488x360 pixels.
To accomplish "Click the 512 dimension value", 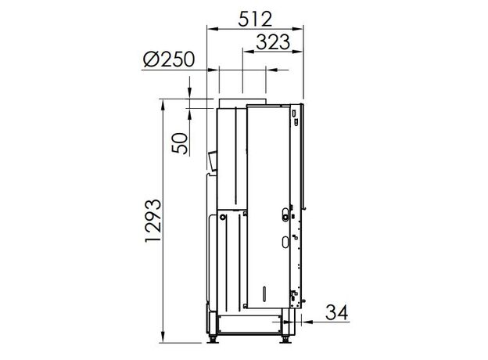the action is pos(255,20).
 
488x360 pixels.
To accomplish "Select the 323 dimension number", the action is pos(273,42).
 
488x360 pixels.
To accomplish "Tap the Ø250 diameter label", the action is pos(169,59).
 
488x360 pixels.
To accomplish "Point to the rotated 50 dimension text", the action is pos(180,143).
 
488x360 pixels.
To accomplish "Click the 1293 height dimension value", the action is pos(153,221).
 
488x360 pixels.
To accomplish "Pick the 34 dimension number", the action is pos(337,312).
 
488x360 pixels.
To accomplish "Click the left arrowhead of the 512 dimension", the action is pos(212,29).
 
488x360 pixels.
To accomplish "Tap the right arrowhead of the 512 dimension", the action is pos(297,29).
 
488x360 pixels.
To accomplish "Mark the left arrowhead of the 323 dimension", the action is pos(248,52).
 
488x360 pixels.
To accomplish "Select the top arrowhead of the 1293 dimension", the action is pos(163,105).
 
